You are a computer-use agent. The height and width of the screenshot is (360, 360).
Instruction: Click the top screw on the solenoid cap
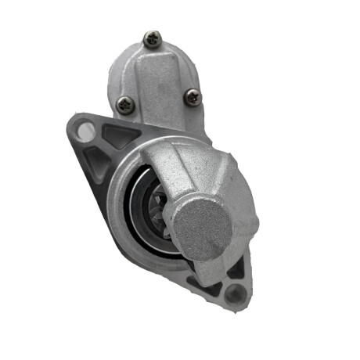point(153,38)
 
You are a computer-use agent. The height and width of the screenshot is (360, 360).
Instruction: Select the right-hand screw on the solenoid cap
point(193,97)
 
